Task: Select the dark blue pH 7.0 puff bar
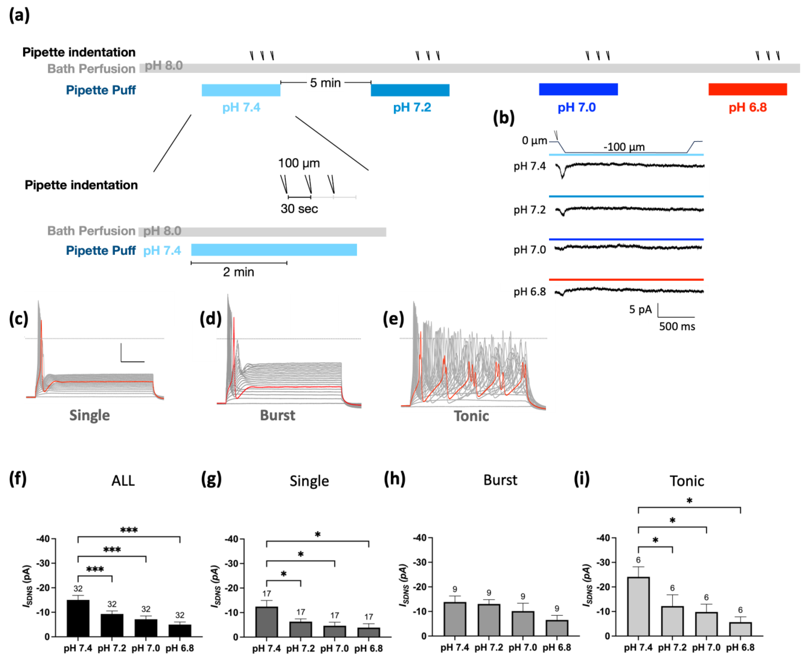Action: [x=578, y=89]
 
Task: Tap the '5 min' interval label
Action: [x=325, y=83]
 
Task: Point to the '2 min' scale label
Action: [x=238, y=272]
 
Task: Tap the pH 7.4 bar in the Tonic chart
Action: [x=638, y=606]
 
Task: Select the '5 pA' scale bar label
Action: [x=640, y=310]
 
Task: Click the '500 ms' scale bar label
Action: [x=677, y=327]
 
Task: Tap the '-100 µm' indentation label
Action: [x=624, y=147]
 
